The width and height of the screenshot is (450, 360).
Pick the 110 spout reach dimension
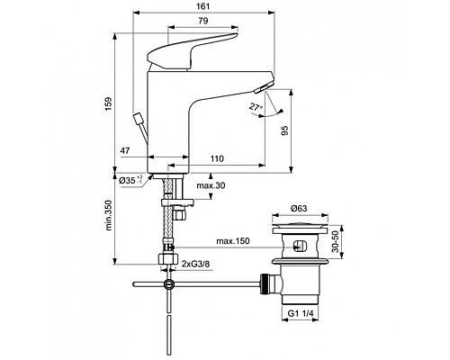[x=217, y=158]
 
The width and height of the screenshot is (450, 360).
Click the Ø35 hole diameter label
[x=134, y=180]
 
